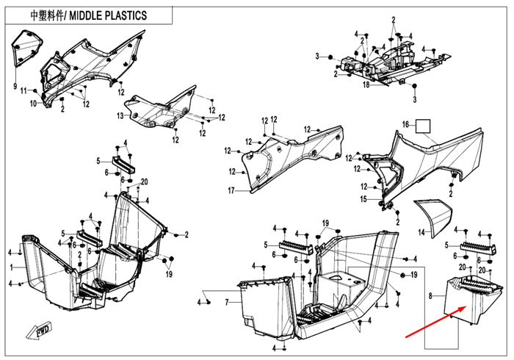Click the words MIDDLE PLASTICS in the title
[x=110, y=15]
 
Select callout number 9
[x=14, y=87]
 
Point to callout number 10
[x=33, y=104]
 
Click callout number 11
[x=23, y=90]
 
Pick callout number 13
[x=120, y=117]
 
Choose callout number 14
[x=421, y=232]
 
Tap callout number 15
[x=363, y=199]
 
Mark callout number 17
[x=231, y=191]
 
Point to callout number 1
[x=11, y=267]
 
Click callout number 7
[x=228, y=302]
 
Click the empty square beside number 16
[x=423, y=126]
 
